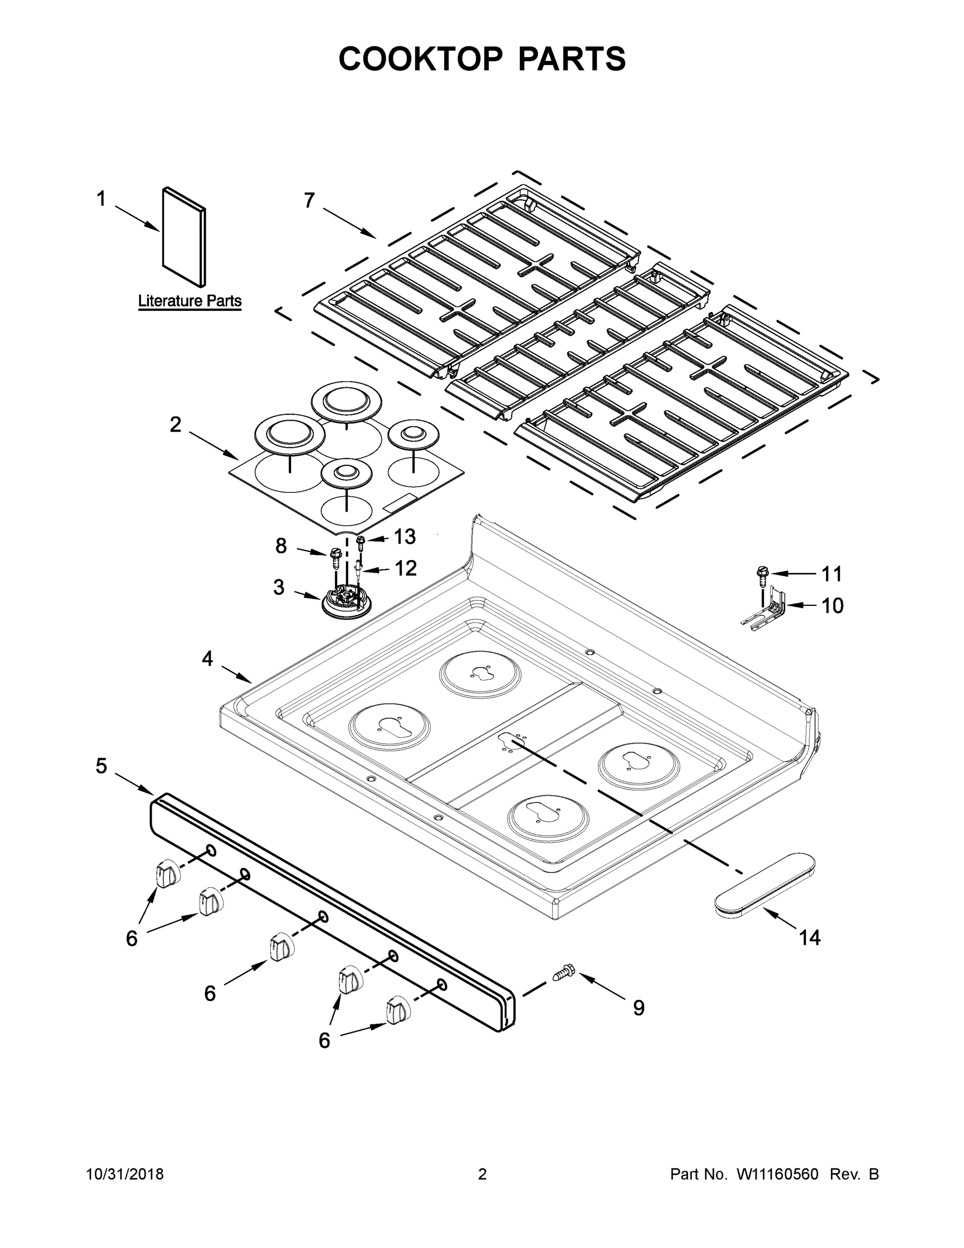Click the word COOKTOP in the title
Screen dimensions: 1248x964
pyautogui.click(x=421, y=59)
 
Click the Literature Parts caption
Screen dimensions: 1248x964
pyautogui.click(x=190, y=301)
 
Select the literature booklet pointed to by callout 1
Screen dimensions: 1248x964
pyautogui.click(x=184, y=237)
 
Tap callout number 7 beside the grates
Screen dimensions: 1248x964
pyautogui.click(x=309, y=201)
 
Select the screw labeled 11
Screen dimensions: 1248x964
pyautogui.click(x=762, y=572)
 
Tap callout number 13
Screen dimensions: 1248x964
pyautogui.click(x=404, y=537)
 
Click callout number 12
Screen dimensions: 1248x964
pyautogui.click(x=405, y=568)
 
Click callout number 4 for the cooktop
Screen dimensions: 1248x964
pyautogui.click(x=207, y=659)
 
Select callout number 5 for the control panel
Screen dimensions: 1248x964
pyautogui.click(x=101, y=766)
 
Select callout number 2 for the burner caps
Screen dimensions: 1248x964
pyautogui.click(x=175, y=424)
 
